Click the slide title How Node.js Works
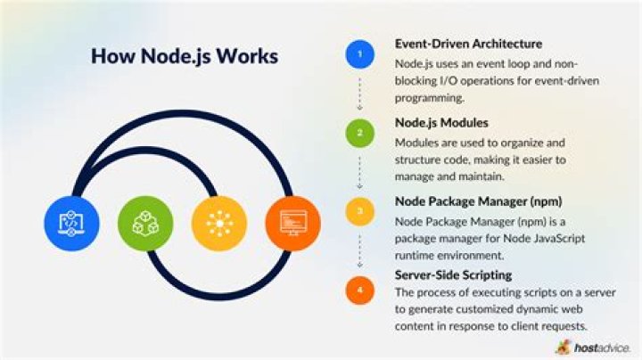[185, 56]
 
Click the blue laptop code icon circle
[71, 223]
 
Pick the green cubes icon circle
[145, 223]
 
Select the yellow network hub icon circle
[218, 223]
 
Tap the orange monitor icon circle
[292, 223]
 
